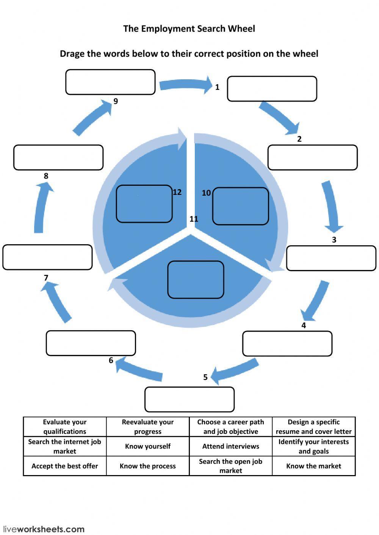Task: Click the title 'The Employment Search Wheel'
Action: [x=189, y=29]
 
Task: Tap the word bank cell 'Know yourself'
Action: [x=147, y=446]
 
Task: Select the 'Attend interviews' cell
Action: [x=230, y=446]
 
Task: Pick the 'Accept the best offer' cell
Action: [x=64, y=466]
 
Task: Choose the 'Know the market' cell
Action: [x=313, y=466]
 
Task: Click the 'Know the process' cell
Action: [x=147, y=466]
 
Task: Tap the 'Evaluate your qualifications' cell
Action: [x=64, y=427]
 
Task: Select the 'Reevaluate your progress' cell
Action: [x=147, y=427]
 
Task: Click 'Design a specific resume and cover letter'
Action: [x=313, y=427]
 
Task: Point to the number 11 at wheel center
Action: [x=194, y=219]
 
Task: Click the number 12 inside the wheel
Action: [x=177, y=192]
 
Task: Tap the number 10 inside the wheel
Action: [x=206, y=193]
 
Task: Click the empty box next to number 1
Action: [x=272, y=89]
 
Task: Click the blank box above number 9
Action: [x=110, y=82]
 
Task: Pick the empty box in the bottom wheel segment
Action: [x=196, y=279]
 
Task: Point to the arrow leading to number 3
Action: [x=332, y=207]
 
